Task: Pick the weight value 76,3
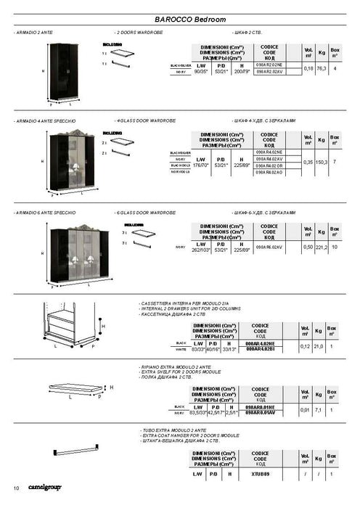(321, 68)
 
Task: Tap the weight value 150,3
(321, 163)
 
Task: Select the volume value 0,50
(308, 247)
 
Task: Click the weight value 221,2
(321, 247)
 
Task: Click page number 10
(16, 487)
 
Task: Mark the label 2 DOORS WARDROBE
(141, 33)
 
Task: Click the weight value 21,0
(318, 347)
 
